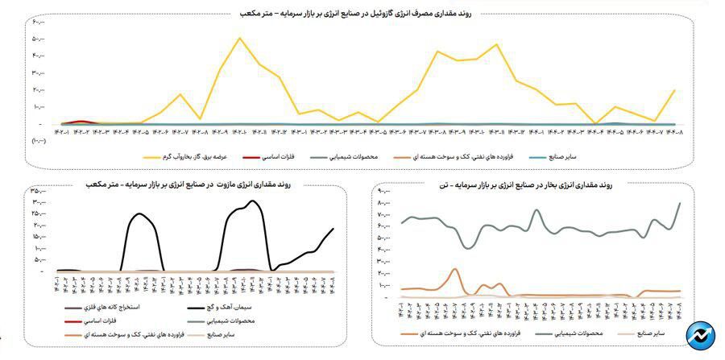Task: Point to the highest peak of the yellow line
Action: (x=239, y=39)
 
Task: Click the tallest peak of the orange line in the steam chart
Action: (x=454, y=269)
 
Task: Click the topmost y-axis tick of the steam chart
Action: (x=383, y=191)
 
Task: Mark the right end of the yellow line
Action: (x=674, y=90)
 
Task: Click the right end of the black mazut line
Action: (x=333, y=229)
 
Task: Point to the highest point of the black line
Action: (x=254, y=201)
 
